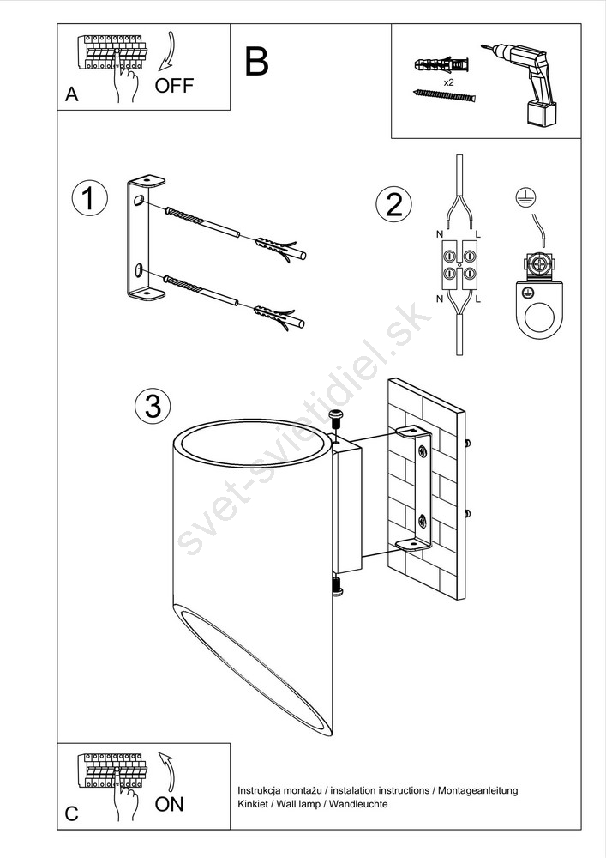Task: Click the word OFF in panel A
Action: pos(174,85)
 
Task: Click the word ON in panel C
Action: pos(169,804)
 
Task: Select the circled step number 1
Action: pos(90,199)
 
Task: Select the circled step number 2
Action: pos(393,205)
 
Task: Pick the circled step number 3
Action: pos(153,406)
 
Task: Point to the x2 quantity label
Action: pos(448,82)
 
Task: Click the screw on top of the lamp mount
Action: pos(337,420)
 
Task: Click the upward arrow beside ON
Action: pos(167,772)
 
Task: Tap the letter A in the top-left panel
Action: pos(72,94)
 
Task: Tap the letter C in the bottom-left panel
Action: pos(72,813)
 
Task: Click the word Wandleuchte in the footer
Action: pos(358,804)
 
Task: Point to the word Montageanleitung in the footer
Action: pos(477,791)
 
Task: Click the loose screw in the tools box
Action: pos(444,96)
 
